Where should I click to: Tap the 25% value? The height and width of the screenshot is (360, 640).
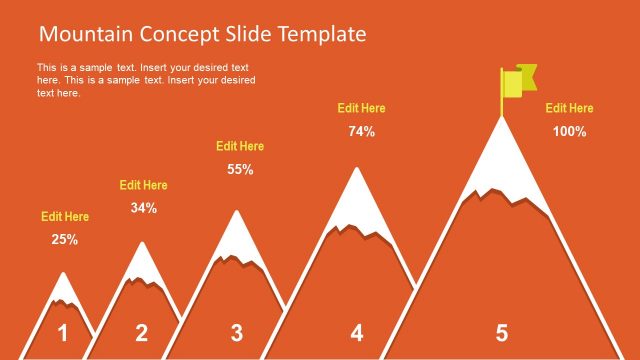[65, 239]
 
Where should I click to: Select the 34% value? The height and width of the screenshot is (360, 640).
[144, 208]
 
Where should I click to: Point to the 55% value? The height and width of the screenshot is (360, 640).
[240, 169]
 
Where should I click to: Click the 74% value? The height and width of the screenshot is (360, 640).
[361, 131]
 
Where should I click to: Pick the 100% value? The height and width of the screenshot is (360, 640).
[569, 131]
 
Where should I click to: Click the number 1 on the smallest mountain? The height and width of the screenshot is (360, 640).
[63, 333]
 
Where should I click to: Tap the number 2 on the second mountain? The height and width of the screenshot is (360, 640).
[141, 333]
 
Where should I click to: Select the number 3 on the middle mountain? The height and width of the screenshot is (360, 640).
[236, 333]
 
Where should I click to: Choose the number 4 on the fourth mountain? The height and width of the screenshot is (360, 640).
[357, 333]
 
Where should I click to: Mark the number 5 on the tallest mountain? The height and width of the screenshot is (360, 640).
[502, 333]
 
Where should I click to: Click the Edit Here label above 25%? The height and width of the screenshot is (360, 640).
[65, 216]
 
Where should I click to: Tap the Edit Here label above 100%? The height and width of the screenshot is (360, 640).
[569, 108]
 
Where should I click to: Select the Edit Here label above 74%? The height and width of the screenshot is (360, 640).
[361, 108]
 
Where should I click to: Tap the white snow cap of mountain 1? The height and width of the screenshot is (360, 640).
[64, 289]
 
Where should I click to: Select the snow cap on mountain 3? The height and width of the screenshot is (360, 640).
[236, 238]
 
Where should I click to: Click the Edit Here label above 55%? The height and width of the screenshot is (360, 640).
[240, 146]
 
